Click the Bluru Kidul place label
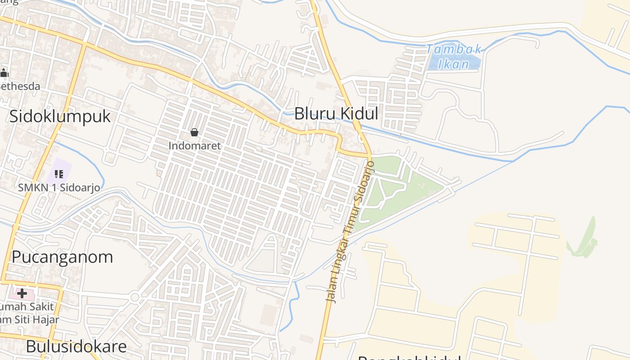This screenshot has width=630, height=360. (336, 114)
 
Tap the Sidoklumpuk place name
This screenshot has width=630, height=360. (60, 117)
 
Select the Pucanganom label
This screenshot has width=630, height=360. (62, 257)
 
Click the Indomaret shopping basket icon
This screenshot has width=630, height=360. (194, 132)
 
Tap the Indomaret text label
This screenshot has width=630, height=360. (194, 146)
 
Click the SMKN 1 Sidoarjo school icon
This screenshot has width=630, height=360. (59, 174)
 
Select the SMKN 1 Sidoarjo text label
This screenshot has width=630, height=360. (59, 188)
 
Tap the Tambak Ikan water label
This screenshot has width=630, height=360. (454, 56)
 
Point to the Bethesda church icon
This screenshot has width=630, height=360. (4, 73)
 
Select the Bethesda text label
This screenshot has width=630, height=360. (20, 86)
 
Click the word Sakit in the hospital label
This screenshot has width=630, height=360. (41, 306)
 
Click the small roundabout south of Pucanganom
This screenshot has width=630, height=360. (135, 297)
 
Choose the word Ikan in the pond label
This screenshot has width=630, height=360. (454, 64)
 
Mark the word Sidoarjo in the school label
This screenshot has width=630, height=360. (81, 188)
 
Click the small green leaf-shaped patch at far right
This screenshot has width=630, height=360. (585, 241)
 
